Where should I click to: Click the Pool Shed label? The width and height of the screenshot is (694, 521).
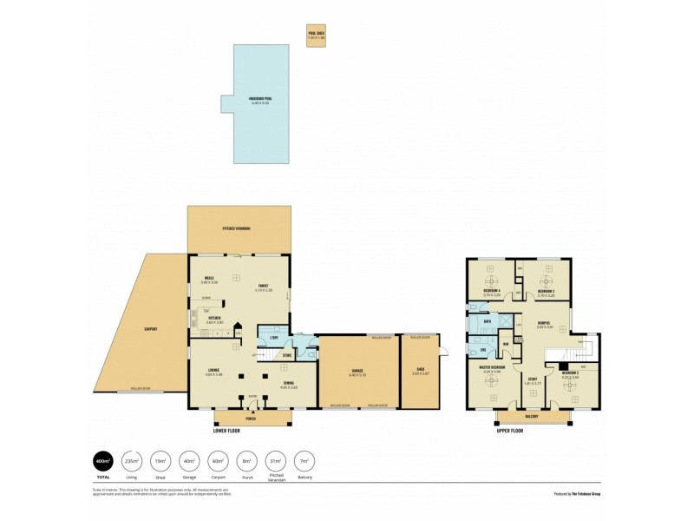pos(316,32)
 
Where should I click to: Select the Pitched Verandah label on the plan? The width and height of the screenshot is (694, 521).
pos(236,228)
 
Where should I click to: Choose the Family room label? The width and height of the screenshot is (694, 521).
pos(264,288)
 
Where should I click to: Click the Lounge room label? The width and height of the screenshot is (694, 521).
pos(213,373)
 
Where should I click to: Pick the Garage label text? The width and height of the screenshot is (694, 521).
pos(357,373)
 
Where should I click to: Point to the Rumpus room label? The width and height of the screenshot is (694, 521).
pos(544,324)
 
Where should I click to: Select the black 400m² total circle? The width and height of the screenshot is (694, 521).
pos(102,460)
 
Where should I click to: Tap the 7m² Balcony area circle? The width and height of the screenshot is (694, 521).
pos(304,460)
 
